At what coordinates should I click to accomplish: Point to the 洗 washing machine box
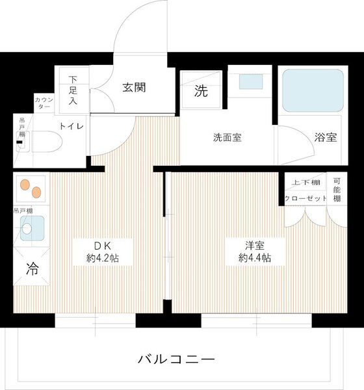[x=202, y=92]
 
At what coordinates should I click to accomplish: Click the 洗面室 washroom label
[x=227, y=138]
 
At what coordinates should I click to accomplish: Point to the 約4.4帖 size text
[x=255, y=258]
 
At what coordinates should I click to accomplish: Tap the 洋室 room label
[x=255, y=245]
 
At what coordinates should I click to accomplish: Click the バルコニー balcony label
[x=175, y=359]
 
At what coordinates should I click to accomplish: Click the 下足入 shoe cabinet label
[x=73, y=90]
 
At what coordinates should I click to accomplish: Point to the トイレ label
[x=71, y=126]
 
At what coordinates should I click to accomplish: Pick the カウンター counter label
[x=44, y=103]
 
